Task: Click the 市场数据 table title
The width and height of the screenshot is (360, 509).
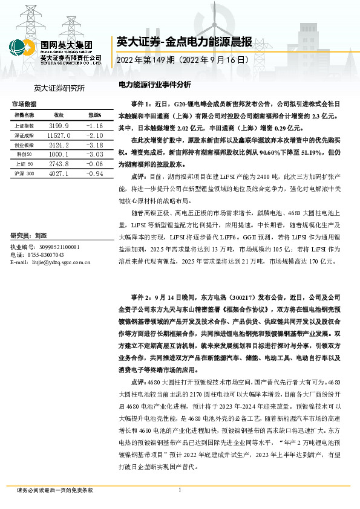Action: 24,104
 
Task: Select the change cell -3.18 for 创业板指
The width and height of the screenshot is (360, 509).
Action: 95,146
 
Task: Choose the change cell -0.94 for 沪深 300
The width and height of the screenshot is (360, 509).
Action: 95,174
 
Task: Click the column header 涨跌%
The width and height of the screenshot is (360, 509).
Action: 94,115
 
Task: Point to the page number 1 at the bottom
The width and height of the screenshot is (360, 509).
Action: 180,490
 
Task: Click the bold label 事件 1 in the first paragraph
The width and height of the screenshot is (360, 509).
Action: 142,103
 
